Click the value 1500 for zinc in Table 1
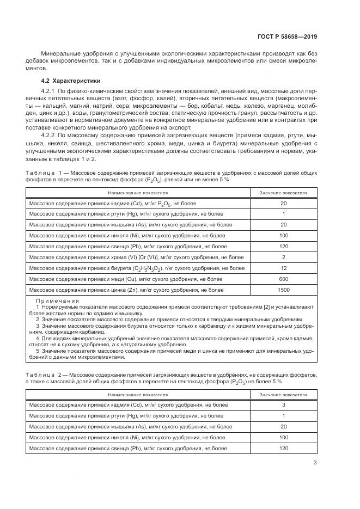[283, 290]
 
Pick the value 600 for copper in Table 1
[283, 279]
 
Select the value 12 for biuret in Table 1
[283, 268]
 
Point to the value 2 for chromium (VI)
[283, 257]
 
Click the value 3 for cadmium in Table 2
[283, 405]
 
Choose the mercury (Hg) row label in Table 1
[123, 214]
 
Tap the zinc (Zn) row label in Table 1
[126, 290]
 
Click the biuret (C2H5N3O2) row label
[136, 268]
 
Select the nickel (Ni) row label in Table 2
[126, 437]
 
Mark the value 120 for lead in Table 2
[283, 448]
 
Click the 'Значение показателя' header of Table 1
[283, 193]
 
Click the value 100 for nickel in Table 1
[283, 236]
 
